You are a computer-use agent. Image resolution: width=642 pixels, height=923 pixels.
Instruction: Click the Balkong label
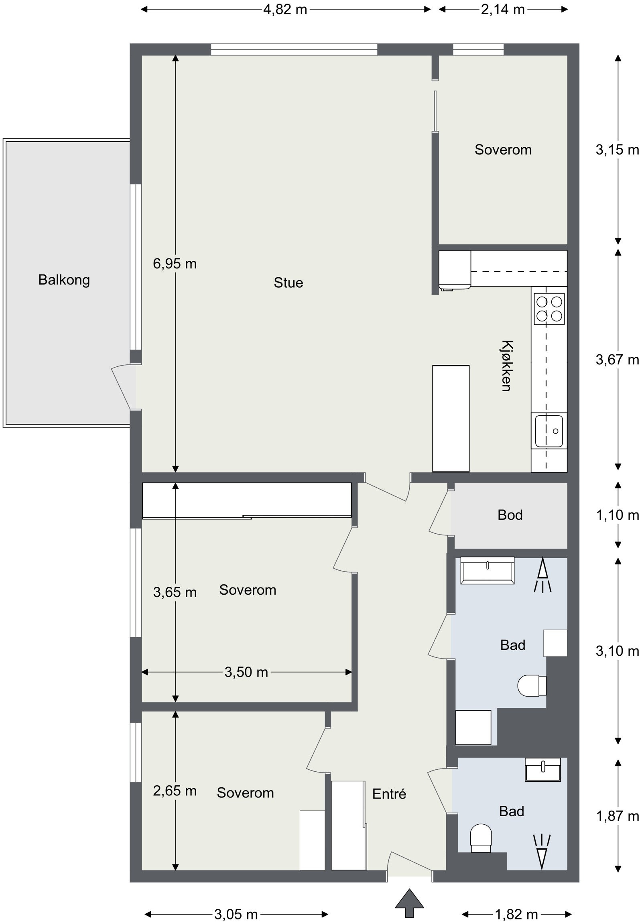pyautogui.click(x=64, y=280)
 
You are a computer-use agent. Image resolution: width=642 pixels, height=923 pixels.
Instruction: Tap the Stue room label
pyautogui.click(x=288, y=283)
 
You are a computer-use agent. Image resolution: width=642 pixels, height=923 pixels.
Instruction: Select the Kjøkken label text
pyautogui.click(x=506, y=366)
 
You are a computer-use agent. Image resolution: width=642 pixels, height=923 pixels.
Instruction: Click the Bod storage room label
pyautogui.click(x=510, y=515)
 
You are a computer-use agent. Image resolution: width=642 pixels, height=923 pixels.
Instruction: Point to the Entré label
pyautogui.click(x=389, y=794)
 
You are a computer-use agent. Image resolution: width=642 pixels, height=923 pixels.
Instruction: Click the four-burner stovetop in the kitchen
pyautogui.click(x=549, y=309)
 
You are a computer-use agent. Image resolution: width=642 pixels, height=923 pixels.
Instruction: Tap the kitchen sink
pyautogui.click(x=549, y=431)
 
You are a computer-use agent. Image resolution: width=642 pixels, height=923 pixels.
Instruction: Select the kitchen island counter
pyautogui.click(x=451, y=419)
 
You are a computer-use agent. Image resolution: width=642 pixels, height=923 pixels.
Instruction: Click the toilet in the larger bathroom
pyautogui.click(x=531, y=686)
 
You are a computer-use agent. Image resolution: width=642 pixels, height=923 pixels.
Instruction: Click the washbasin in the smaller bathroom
pyautogui.click(x=543, y=770)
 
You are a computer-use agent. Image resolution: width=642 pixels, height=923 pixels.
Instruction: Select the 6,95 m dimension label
pyautogui.click(x=175, y=264)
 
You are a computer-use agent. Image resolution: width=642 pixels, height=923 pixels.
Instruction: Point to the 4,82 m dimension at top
pyautogui.click(x=285, y=9)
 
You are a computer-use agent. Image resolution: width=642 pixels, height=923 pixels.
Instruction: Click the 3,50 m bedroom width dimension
pyautogui.click(x=246, y=672)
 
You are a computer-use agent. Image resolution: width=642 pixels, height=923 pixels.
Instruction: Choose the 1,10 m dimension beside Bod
pyautogui.click(x=618, y=515)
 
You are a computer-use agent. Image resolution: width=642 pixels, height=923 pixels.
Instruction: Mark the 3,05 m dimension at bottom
pyautogui.click(x=236, y=915)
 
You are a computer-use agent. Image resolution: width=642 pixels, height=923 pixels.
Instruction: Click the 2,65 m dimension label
pyautogui.click(x=175, y=791)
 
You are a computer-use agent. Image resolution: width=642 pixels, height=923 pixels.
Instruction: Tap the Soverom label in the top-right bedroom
pyautogui.click(x=503, y=150)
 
